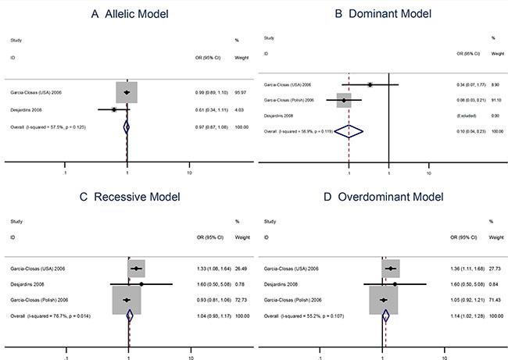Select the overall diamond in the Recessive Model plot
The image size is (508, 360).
[130, 315]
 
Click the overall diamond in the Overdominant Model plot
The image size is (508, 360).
[385, 315]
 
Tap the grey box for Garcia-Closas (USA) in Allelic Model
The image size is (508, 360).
[127, 92]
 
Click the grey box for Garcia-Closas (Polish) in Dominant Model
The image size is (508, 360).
[344, 100]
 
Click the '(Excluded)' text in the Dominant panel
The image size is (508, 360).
[464, 116]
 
